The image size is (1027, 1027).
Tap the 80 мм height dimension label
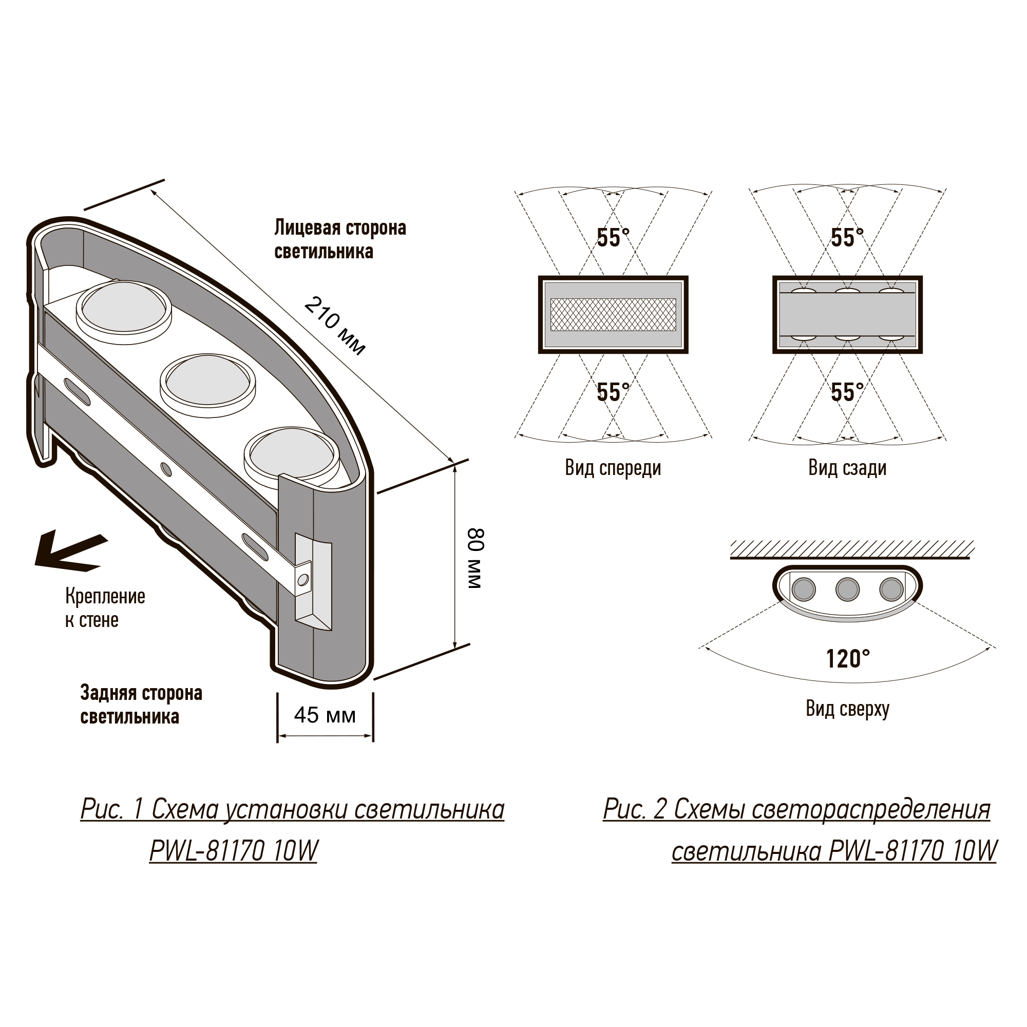point(474,558)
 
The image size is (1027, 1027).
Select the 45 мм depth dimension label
point(325,715)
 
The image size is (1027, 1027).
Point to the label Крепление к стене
point(105,608)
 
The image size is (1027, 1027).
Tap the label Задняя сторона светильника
point(141,705)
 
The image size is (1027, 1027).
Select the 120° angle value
point(848,659)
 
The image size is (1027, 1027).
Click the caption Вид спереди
point(613,468)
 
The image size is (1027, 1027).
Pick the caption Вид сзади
point(847,468)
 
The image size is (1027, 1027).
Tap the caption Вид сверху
point(847,709)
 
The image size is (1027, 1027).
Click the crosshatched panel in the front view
point(613,314)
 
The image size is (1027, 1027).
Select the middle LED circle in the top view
point(847,589)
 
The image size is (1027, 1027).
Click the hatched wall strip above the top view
point(852,549)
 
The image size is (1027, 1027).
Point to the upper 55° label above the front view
point(613,238)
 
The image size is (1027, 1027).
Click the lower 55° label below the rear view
point(847,392)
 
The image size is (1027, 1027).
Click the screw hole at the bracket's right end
point(303,579)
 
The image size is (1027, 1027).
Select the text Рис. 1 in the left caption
point(111,810)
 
